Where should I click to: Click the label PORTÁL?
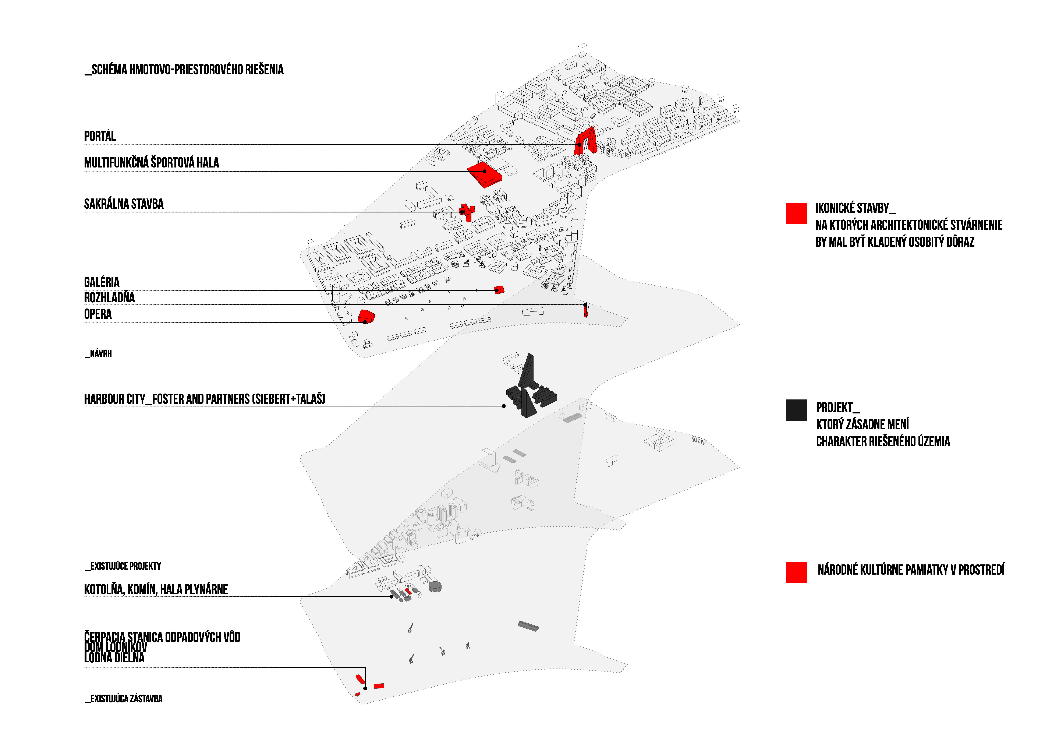pos(100,136)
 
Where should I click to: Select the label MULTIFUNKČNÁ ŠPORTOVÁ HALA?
pos(151,163)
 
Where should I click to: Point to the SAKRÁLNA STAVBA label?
pos(124,204)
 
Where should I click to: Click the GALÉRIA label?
pos(102,282)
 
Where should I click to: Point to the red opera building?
pos(366,317)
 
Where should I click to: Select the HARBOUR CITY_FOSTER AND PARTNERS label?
pos(204,399)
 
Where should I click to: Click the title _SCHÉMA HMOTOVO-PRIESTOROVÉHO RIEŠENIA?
pos(184,70)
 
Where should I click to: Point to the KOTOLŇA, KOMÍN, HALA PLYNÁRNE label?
pos(156,589)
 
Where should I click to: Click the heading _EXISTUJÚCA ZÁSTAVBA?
pos(124,699)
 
